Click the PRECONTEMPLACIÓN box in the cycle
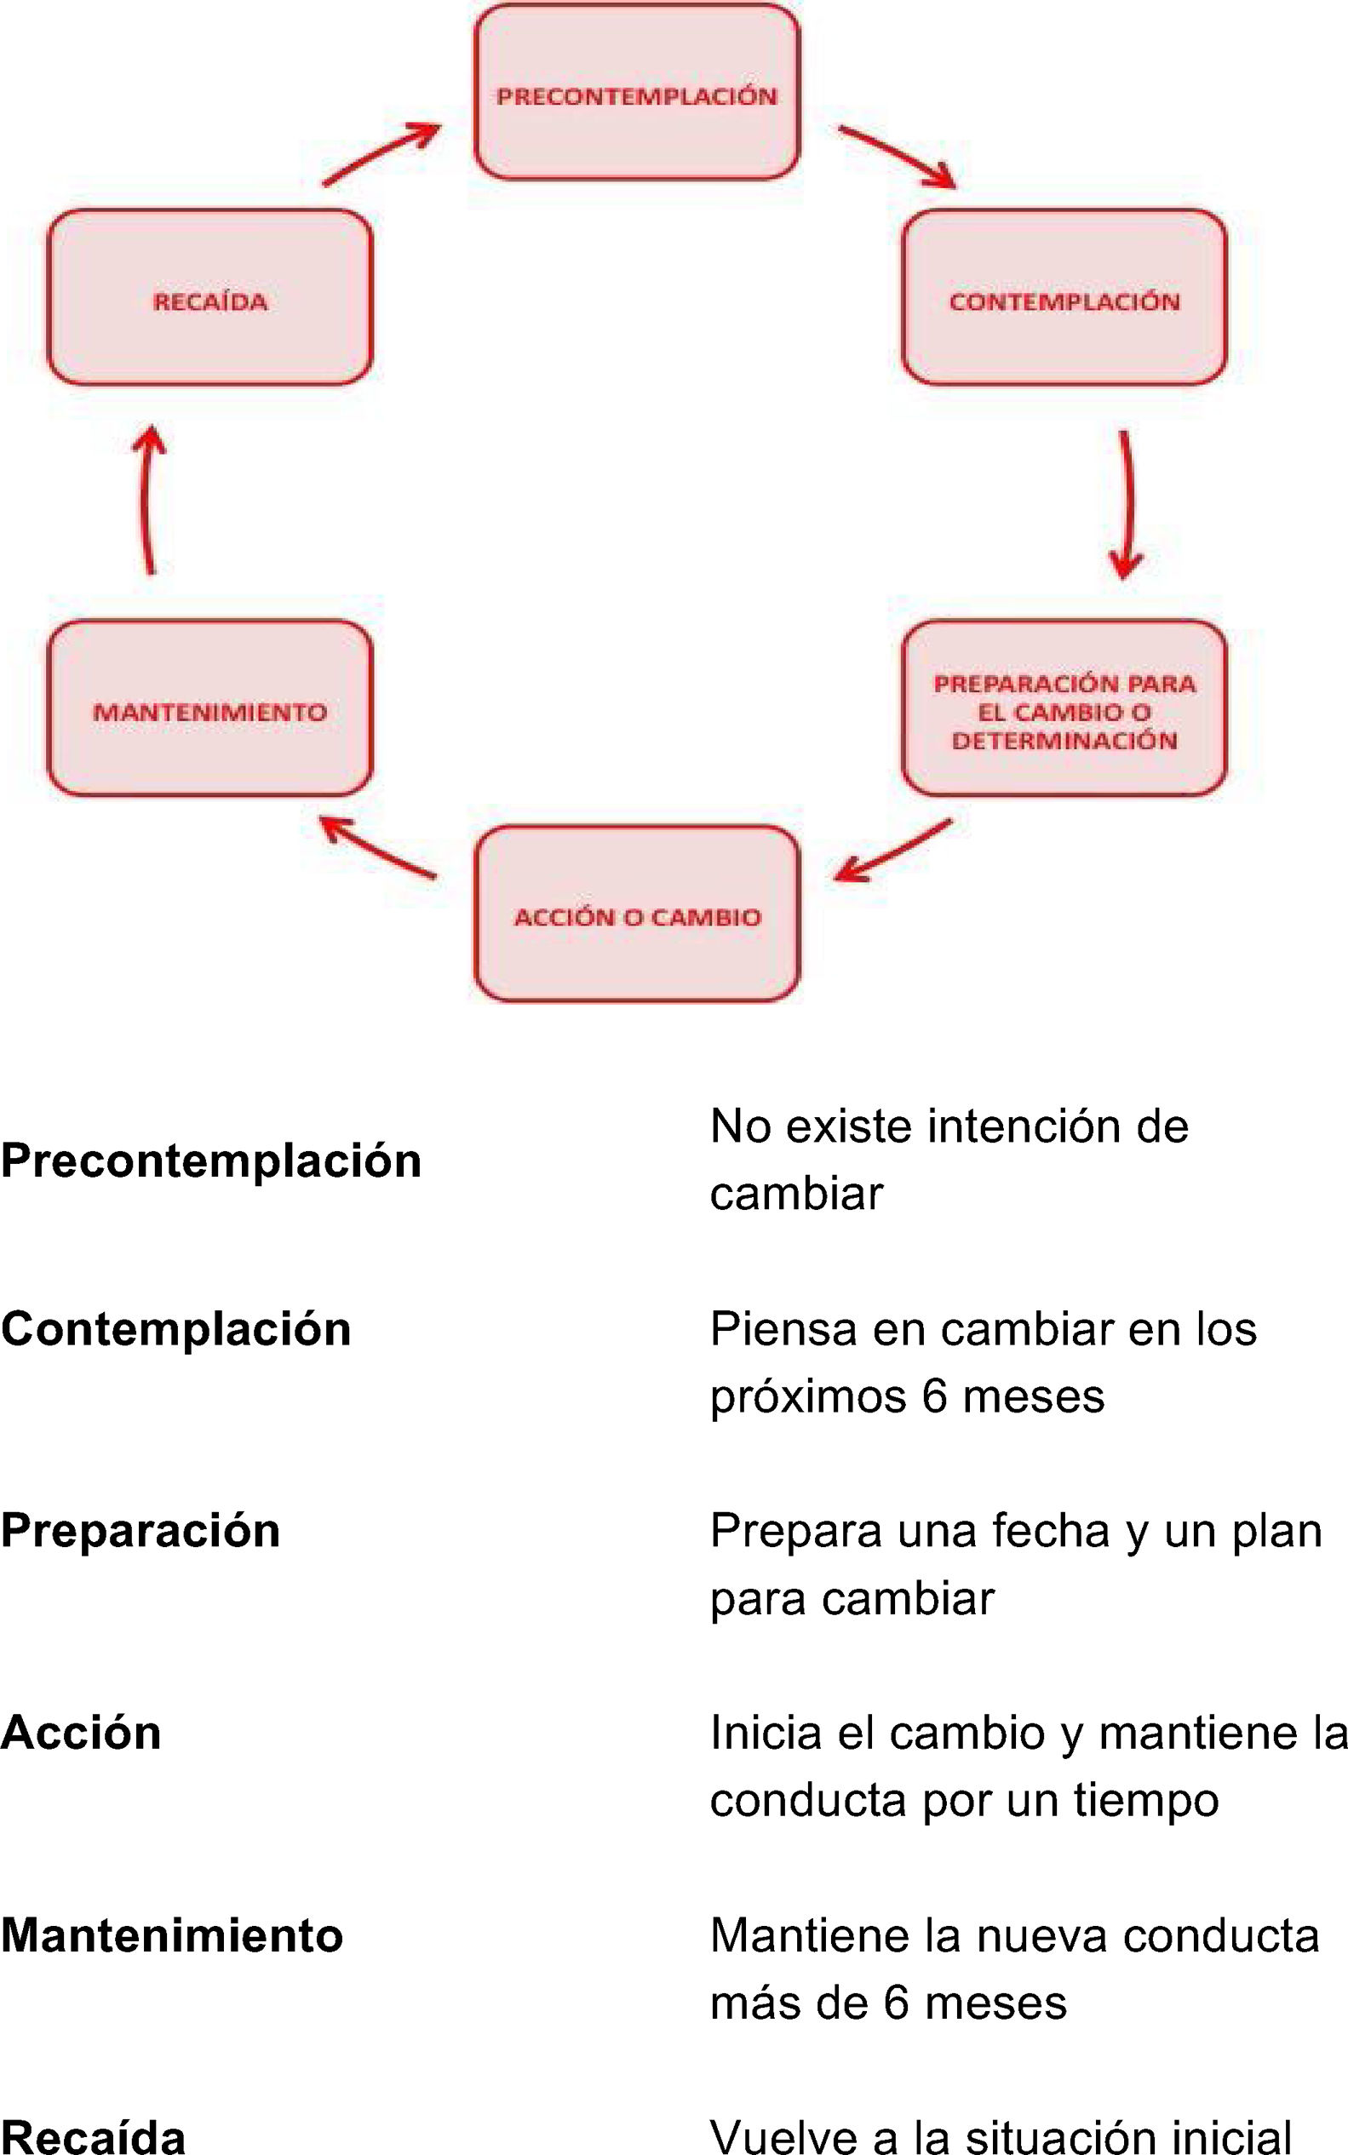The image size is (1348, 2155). pyautogui.click(x=637, y=93)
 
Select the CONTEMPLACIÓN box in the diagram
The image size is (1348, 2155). pyautogui.click(x=1064, y=299)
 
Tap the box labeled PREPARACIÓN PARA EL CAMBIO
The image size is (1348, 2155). pyautogui.click(x=1064, y=709)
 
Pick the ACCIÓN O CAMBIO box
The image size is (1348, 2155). pyautogui.click(x=637, y=914)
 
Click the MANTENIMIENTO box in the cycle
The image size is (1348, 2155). pyautogui.click(x=209, y=709)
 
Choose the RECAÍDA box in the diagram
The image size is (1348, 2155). pyautogui.click(x=209, y=299)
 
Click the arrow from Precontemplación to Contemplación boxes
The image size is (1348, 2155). pyautogui.click(x=897, y=157)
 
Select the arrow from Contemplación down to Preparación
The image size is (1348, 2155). pyautogui.click(x=1127, y=504)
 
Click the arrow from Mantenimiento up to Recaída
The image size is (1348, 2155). pyautogui.click(x=149, y=499)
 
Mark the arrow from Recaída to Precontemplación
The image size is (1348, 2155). pyautogui.click(x=381, y=153)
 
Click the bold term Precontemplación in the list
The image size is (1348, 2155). pyautogui.click(x=211, y=1161)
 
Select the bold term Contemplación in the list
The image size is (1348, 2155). pyautogui.click(x=176, y=1329)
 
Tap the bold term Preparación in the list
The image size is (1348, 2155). pyautogui.click(x=141, y=1530)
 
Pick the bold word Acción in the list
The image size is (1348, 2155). pyautogui.click(x=81, y=1733)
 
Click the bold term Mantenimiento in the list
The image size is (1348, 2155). pyautogui.click(x=172, y=1934)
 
